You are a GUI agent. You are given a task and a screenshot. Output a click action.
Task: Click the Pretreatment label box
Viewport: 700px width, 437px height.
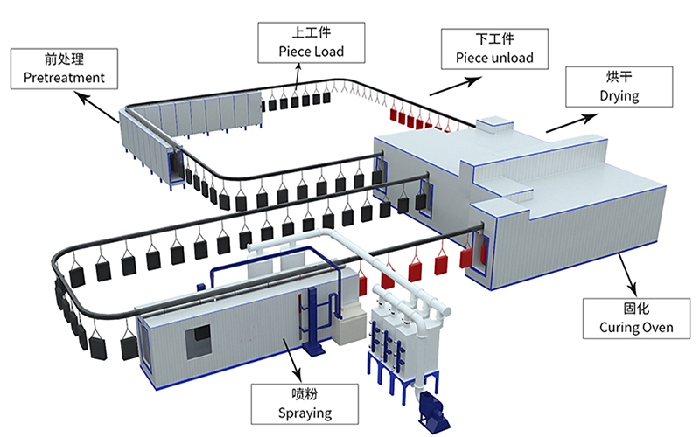64,69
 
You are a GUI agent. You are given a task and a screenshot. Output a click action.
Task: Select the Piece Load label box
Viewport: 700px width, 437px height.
311,43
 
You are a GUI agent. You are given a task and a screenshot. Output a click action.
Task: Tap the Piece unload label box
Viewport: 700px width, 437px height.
494,49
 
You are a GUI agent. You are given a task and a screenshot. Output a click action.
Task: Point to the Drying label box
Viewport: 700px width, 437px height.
619,87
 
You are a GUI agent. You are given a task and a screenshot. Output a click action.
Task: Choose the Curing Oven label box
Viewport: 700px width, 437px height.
637,318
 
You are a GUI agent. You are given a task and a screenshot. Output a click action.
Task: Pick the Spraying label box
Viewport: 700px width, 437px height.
304,404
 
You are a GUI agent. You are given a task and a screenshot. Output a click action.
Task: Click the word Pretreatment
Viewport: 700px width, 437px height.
64,78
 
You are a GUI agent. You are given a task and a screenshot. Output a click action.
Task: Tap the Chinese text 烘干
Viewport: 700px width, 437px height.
619,77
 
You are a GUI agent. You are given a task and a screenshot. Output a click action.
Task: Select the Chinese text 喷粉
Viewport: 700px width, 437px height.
304,394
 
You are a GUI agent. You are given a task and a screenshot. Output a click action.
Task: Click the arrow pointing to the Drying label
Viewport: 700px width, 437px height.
572,123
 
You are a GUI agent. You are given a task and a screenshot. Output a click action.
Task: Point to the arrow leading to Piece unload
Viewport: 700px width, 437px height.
456,86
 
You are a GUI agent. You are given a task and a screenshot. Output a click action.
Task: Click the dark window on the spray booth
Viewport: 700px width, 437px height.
198,341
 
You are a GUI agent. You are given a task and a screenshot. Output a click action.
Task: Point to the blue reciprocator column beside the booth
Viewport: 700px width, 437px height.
312,320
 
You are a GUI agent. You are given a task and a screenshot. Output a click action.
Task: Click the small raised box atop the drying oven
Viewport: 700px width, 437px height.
494,123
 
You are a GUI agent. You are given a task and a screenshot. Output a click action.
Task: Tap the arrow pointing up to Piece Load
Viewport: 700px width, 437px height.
297,78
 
